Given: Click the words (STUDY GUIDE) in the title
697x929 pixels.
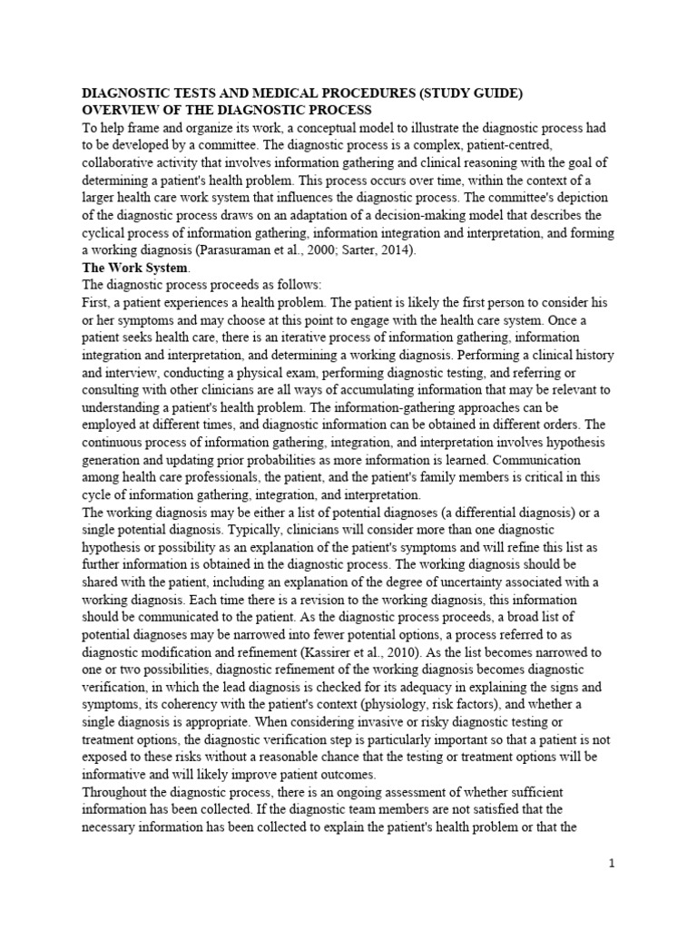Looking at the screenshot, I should (x=467, y=93).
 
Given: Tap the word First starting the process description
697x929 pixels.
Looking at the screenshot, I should (x=98, y=302).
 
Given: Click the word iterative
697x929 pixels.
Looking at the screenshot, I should (x=278, y=337).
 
